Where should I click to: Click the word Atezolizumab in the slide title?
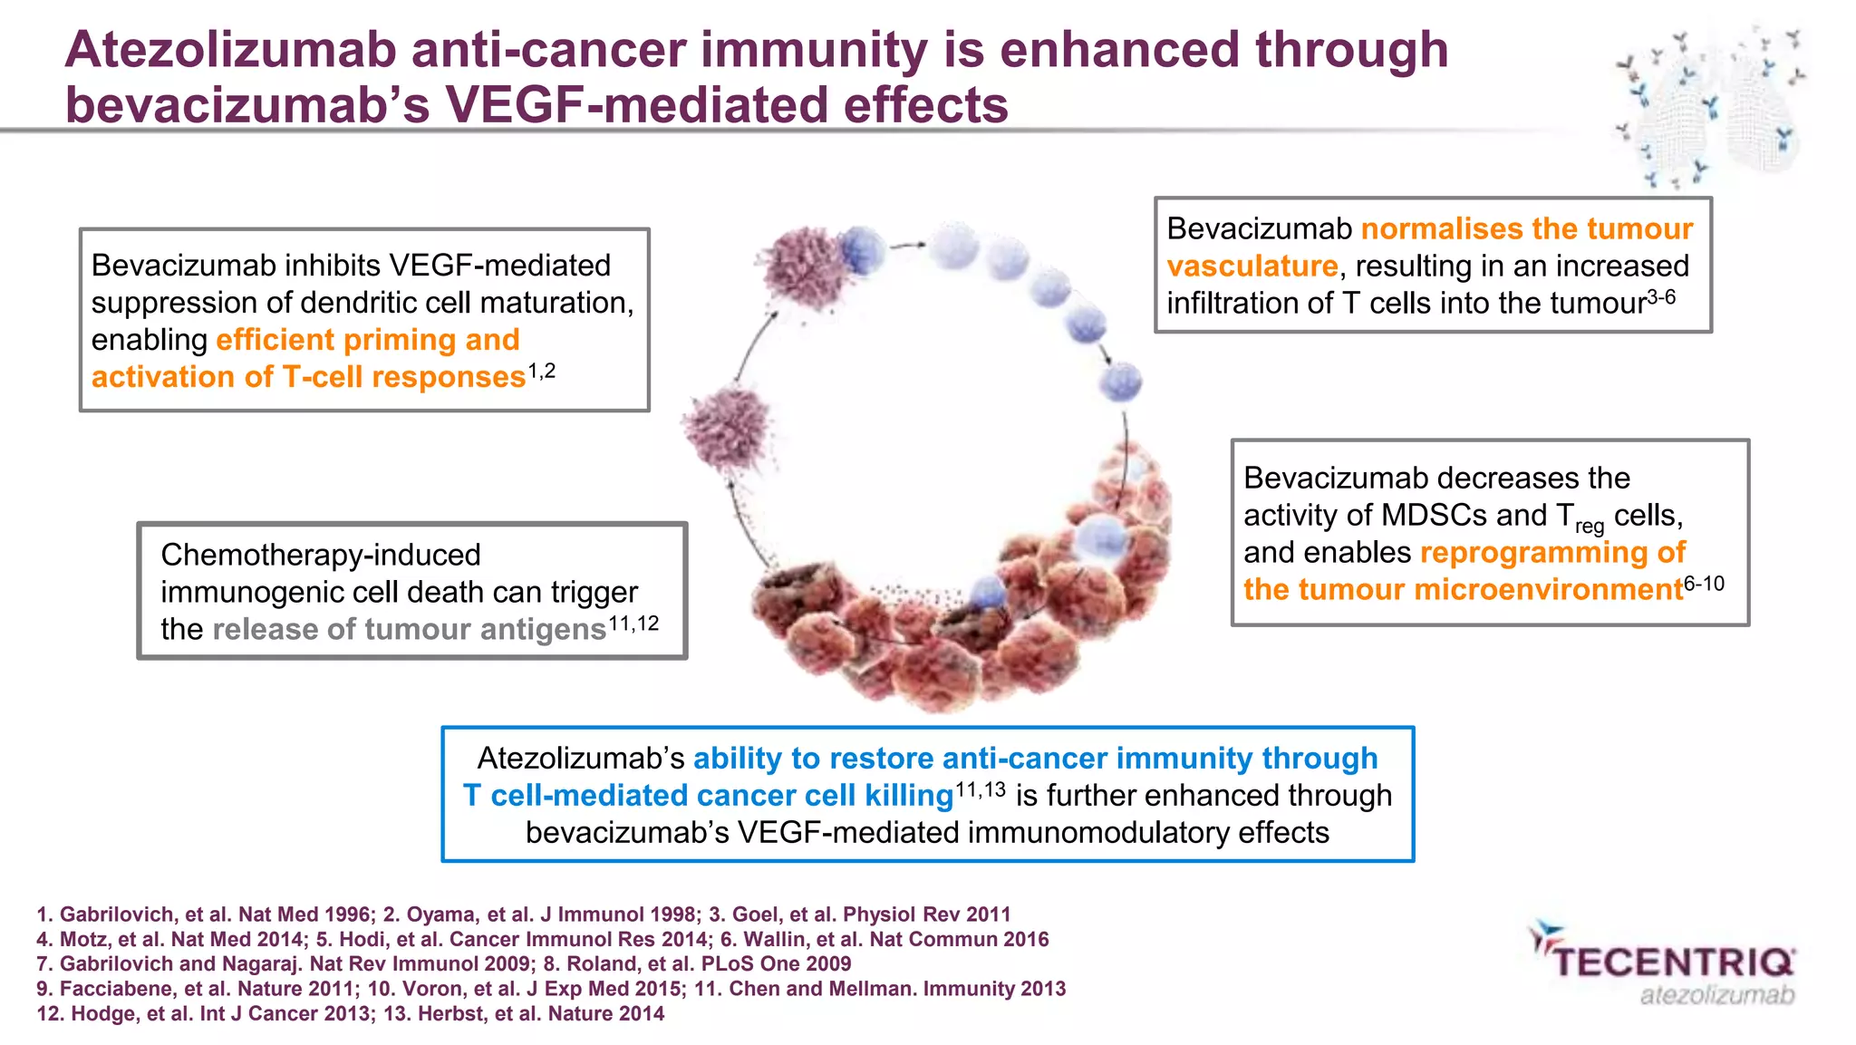tap(231, 50)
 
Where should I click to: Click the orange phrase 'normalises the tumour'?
tap(1527, 228)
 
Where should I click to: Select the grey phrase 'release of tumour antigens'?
tap(409, 629)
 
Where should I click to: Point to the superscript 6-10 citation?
tap(1704, 584)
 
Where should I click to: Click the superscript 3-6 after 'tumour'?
tap(1661, 297)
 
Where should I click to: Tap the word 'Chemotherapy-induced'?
tap(321, 555)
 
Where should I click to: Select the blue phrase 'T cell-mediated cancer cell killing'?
tap(708, 796)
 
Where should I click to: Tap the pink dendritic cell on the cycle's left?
tap(728, 428)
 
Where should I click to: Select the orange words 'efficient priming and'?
tap(368, 340)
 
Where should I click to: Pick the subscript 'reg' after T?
tap(1590, 526)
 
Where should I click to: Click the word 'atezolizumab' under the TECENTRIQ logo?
tap(1716, 995)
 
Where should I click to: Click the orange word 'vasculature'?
tap(1252, 266)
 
